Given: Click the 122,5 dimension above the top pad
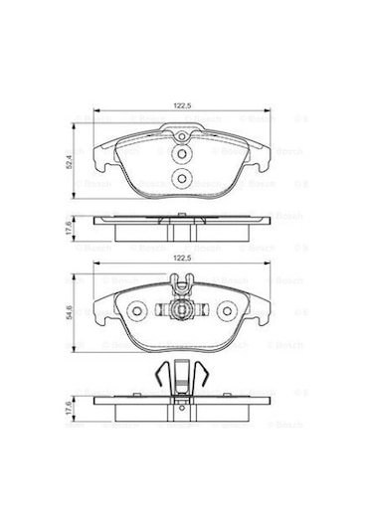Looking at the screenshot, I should point(181,103).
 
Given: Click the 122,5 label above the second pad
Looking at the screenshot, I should point(181,258).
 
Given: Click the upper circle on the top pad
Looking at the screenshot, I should point(180,154).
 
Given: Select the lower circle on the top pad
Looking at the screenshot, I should point(180,179).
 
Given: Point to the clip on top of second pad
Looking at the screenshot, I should point(181,288).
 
